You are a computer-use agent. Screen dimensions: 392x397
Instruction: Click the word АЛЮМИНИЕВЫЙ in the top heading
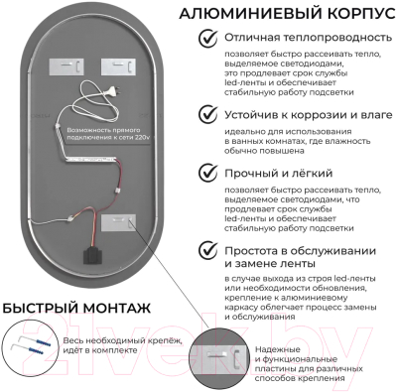click(x=238, y=13)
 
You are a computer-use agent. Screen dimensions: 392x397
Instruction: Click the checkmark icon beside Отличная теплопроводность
click(x=208, y=40)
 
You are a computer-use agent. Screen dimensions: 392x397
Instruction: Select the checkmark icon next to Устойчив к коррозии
click(x=208, y=112)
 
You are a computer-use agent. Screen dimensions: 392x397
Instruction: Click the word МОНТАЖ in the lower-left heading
click(x=114, y=311)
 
